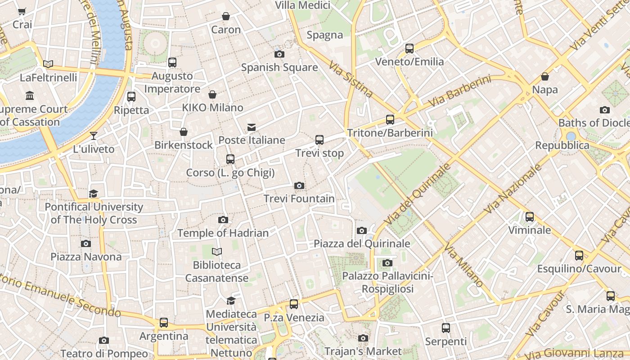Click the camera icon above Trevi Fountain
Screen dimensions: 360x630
click(x=299, y=185)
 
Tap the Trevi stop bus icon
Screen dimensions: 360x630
click(x=319, y=140)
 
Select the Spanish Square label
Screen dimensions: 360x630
click(x=279, y=67)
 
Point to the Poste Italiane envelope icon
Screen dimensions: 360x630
click(x=252, y=127)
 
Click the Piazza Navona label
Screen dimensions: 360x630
click(x=86, y=257)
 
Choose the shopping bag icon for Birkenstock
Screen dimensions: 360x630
click(x=184, y=132)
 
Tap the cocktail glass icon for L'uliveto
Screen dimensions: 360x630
click(x=94, y=135)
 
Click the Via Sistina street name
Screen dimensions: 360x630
click(x=351, y=80)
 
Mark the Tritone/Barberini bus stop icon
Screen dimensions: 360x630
click(x=390, y=120)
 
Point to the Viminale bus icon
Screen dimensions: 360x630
click(x=530, y=217)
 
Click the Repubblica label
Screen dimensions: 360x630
click(x=562, y=145)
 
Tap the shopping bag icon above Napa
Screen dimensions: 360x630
click(x=545, y=76)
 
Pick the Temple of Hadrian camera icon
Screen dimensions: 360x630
click(x=223, y=220)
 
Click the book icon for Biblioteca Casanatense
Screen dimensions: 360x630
click(x=217, y=252)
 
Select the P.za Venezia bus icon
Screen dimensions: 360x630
click(x=294, y=304)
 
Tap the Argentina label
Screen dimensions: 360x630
click(x=164, y=336)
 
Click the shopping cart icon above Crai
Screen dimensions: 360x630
click(x=22, y=11)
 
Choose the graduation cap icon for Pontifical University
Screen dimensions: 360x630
click(x=94, y=193)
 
